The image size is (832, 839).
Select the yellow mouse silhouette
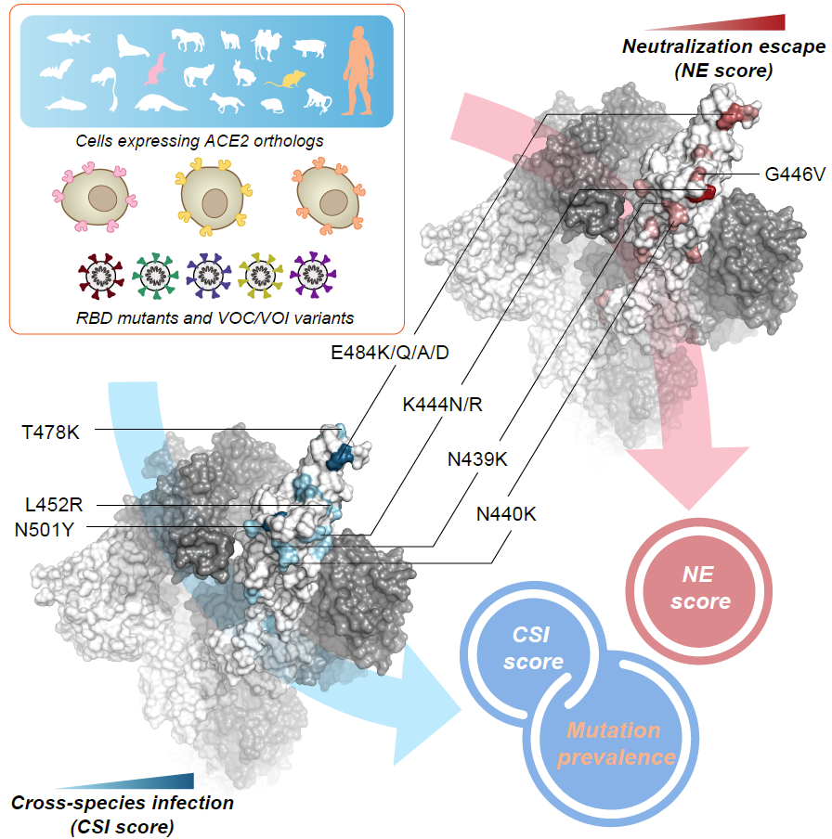(x=279, y=82)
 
